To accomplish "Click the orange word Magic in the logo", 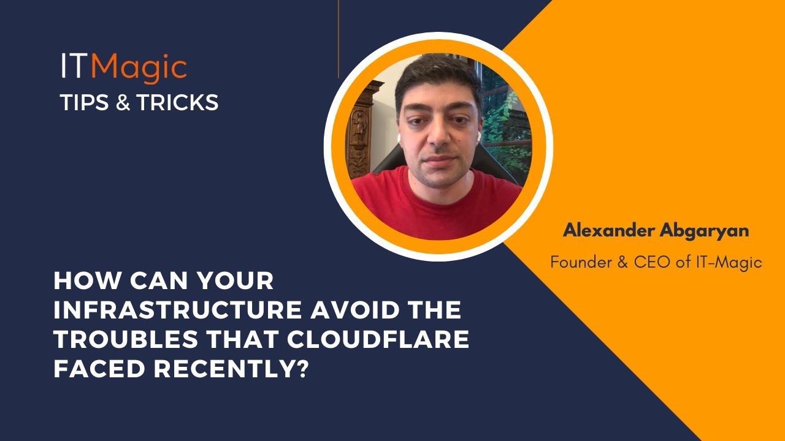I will click(x=139, y=67).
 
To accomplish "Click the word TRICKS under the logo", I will click(x=177, y=103).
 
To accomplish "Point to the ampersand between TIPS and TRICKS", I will click(x=123, y=103).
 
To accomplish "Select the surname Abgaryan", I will click(x=708, y=232).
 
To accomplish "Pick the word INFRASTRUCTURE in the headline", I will click(x=177, y=311).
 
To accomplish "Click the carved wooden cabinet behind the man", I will click(x=362, y=129).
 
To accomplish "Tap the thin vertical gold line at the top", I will click(x=339, y=37).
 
